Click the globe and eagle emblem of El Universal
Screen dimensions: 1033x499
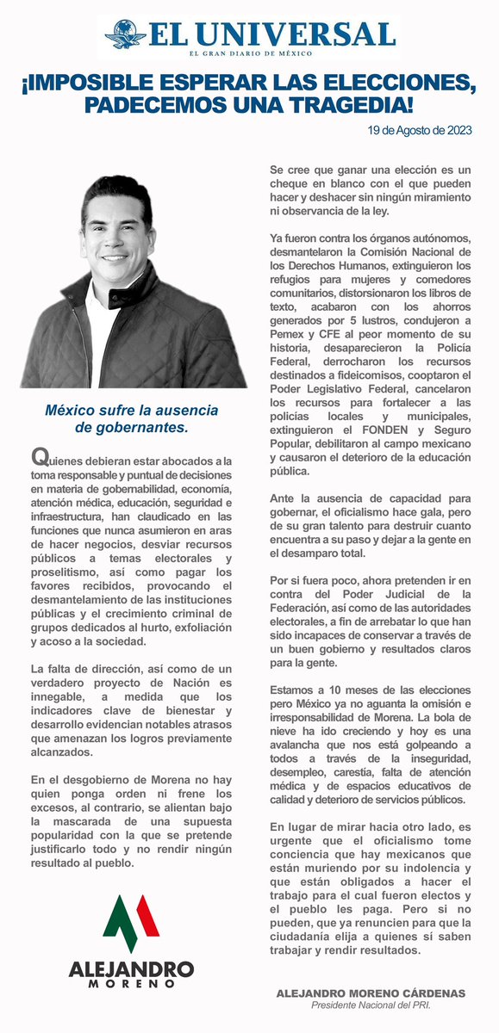(x=126, y=35)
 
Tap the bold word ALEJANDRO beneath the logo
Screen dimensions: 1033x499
(x=131, y=968)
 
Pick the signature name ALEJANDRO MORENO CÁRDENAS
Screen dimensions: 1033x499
(x=370, y=993)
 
